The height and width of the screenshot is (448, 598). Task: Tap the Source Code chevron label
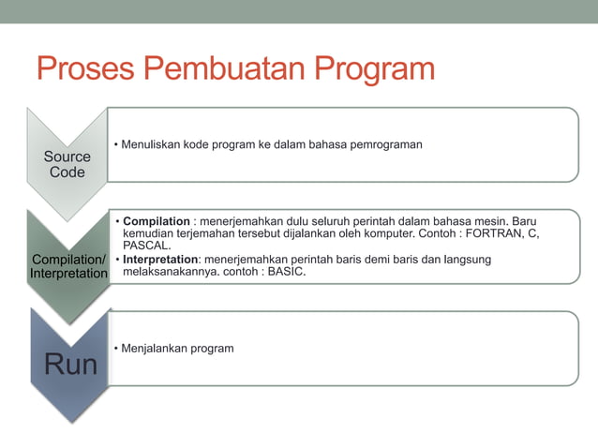(x=67, y=164)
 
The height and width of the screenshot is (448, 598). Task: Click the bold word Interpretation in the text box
(x=160, y=259)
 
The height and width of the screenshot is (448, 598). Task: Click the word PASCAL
(x=146, y=245)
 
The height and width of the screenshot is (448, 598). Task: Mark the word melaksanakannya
(x=172, y=272)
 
